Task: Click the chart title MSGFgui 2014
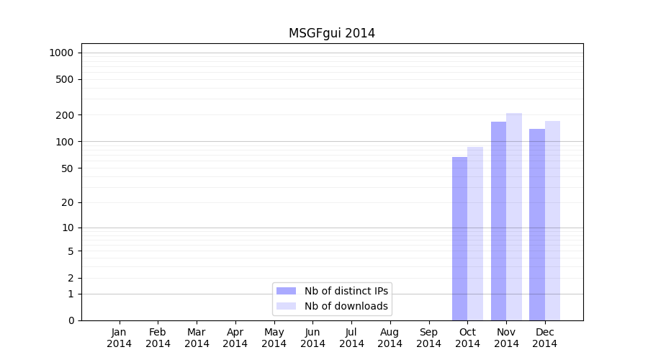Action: pyautogui.click(x=331, y=33)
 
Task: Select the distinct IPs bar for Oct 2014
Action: pyautogui.click(x=459, y=238)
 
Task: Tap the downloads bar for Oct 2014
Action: pyautogui.click(x=475, y=233)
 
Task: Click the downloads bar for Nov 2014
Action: pyautogui.click(x=514, y=217)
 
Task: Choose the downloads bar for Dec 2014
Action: pyautogui.click(x=552, y=220)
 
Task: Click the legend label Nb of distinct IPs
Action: pyautogui.click(x=346, y=291)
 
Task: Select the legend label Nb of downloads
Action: pyautogui.click(x=346, y=306)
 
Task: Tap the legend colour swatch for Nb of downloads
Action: pyautogui.click(x=286, y=306)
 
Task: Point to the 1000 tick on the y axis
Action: pyautogui.click(x=61, y=53)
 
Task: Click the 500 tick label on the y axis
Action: pyautogui.click(x=66, y=79)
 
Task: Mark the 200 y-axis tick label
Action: pyautogui.click(x=66, y=115)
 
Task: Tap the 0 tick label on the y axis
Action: pyautogui.click(x=71, y=320)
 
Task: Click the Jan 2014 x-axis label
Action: pyautogui.click(x=120, y=338)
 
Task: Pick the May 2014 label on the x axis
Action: pyautogui.click(x=274, y=338)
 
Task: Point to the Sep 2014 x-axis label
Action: pyautogui.click(x=428, y=338)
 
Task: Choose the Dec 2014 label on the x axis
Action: pyautogui.click(x=545, y=338)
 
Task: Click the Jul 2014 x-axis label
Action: pyautogui.click(x=351, y=338)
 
